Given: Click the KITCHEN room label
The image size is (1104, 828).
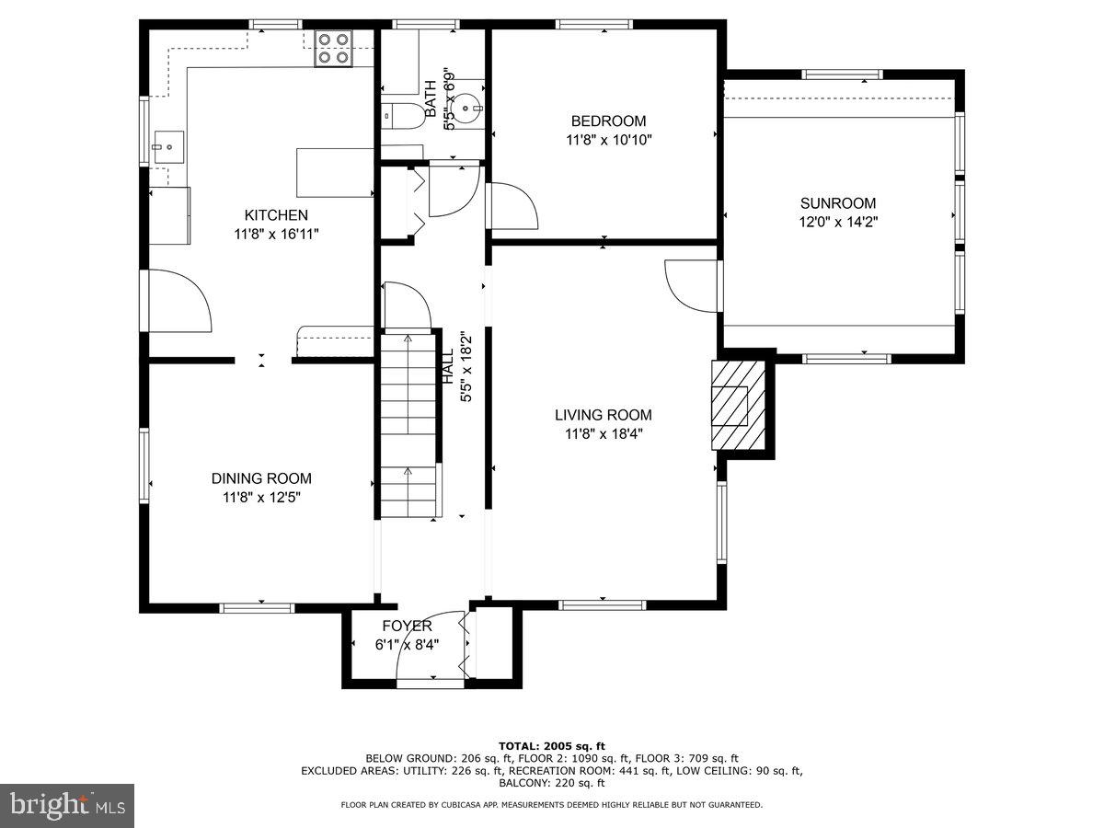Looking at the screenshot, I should coord(276,214).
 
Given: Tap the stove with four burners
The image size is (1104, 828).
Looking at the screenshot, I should coord(334,48).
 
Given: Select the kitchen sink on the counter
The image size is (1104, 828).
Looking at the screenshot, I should coord(169,145).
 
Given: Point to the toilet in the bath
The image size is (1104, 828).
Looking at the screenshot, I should coord(402,115).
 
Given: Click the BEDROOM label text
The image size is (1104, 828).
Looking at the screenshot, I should coord(608,121).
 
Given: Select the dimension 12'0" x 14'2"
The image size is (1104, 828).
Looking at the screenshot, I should coord(837,222).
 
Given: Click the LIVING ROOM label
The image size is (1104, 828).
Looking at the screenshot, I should coord(603,415).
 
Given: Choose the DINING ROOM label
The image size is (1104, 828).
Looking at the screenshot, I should coord(261,478).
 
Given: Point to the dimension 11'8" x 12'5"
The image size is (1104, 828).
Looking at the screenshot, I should coord(261,498).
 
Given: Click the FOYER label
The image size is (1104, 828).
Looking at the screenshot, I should coord(407,626).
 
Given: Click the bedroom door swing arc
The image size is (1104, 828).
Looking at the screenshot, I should coord(512,204).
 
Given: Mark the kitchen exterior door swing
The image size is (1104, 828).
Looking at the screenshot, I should coord(179,300).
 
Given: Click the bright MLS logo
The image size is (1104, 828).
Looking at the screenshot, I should coord(66,806).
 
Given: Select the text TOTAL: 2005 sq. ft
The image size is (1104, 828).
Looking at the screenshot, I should coord(551,746).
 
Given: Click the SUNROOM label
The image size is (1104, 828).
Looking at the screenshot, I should coord(837,203).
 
